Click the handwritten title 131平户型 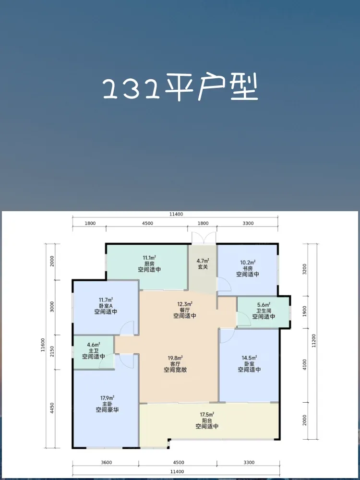coord(180,87)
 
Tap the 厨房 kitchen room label coord(149,264)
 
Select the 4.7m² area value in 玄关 coord(203,261)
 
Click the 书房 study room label coord(248,268)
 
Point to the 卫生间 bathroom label coord(264,311)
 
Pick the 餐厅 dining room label coord(185,310)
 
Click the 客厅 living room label coord(175,363)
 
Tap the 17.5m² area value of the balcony coord(207,415)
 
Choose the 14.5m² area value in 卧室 coord(250,357)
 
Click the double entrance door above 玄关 coord(204,238)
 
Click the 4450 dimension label coord(52,408)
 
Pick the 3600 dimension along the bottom coord(106,463)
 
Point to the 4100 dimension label coord(304,365)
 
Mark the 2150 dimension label coord(52,352)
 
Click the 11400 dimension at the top coord(175,214)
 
